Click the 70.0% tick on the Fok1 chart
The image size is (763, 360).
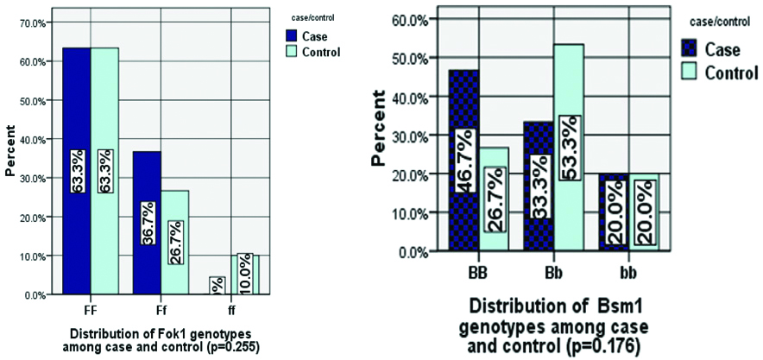35,22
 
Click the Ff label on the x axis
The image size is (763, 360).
160,307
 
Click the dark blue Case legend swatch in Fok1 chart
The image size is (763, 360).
294,35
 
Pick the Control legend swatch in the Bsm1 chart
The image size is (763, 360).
688,73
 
